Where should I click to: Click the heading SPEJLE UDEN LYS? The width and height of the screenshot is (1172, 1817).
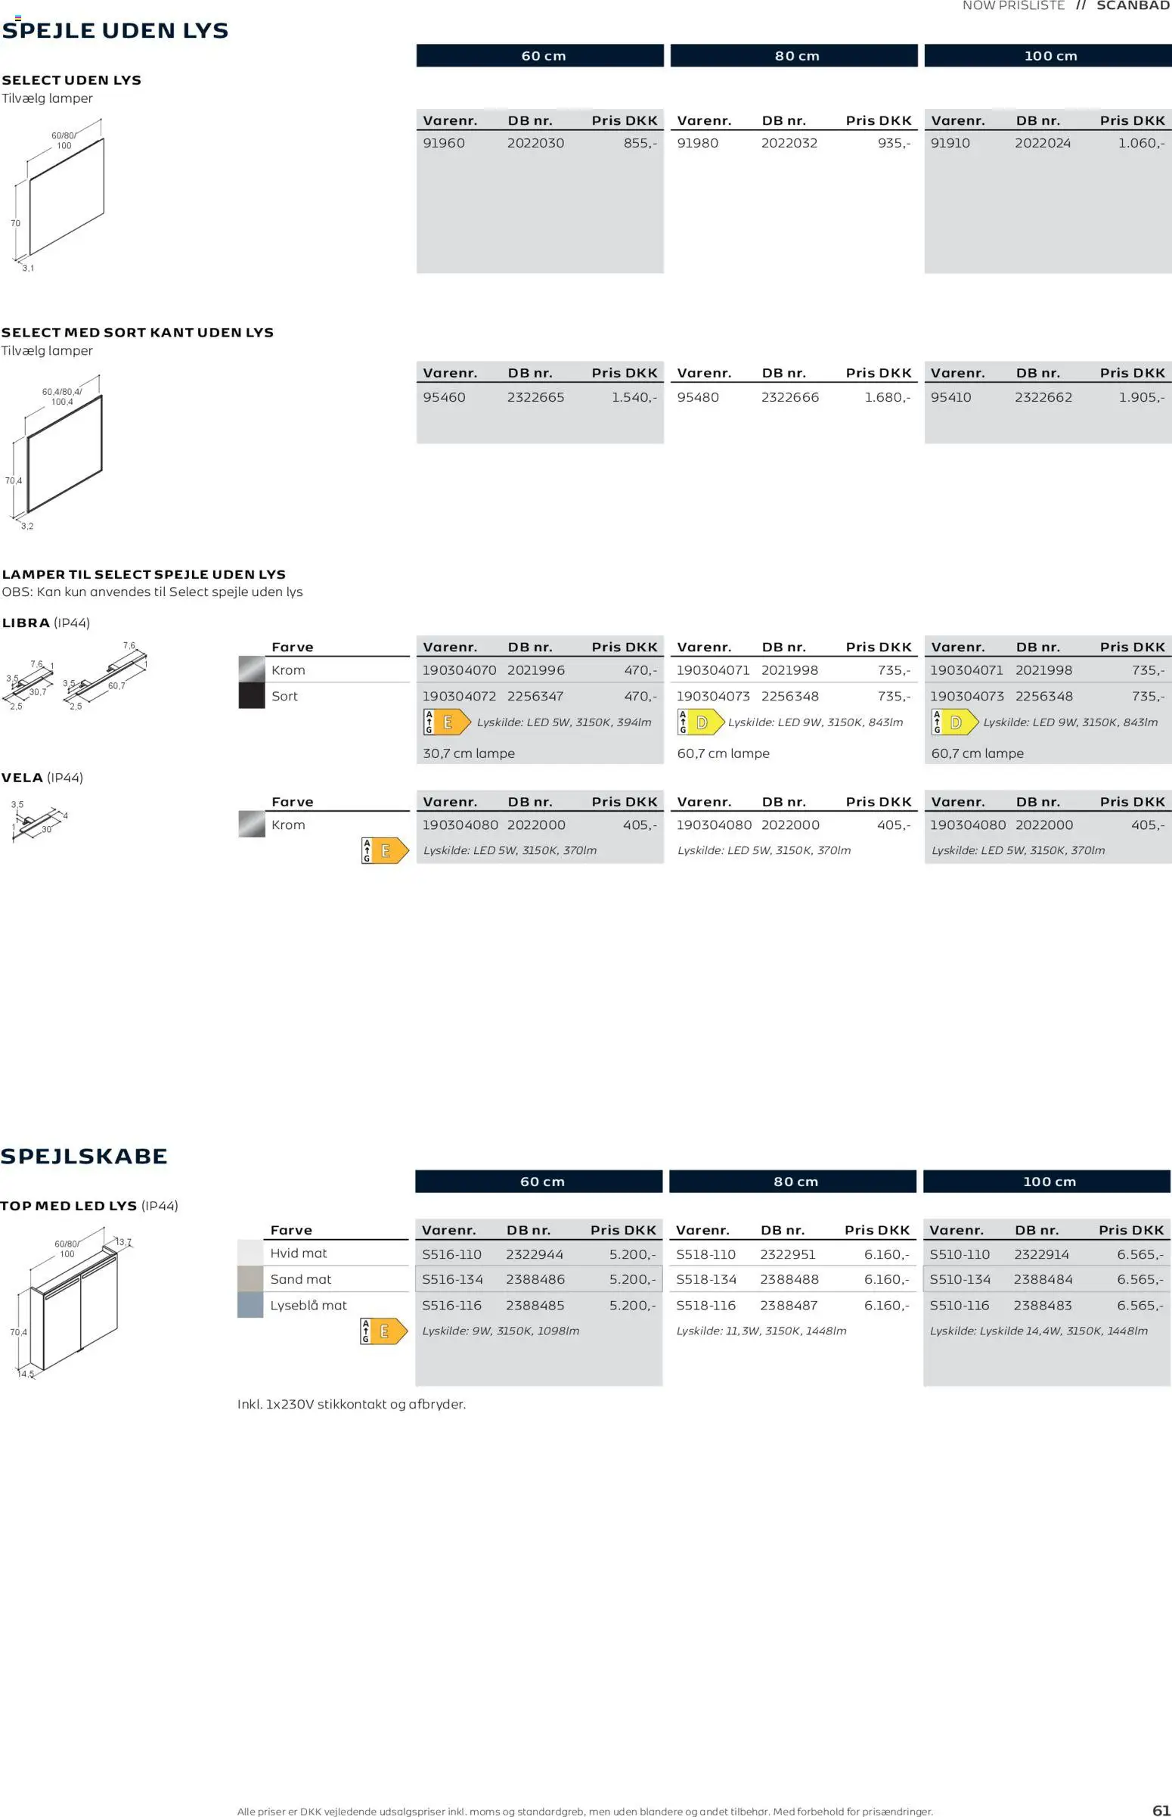(115, 31)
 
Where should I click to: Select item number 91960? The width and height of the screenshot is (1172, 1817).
(444, 143)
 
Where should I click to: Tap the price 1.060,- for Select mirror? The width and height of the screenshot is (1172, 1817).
(1140, 143)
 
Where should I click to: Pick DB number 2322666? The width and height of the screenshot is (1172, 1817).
(790, 397)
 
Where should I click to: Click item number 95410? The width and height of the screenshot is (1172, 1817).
(950, 397)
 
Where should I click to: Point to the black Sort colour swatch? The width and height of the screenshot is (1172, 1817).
(251, 696)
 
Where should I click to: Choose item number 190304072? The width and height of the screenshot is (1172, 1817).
(459, 696)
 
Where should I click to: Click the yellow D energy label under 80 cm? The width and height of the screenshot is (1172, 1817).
(701, 722)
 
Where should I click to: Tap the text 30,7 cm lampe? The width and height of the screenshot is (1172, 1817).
(469, 753)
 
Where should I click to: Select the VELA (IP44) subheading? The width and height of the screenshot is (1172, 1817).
(42, 777)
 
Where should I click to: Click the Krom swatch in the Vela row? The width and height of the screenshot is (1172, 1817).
(251, 825)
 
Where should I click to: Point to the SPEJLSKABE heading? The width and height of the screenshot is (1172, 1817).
(84, 1157)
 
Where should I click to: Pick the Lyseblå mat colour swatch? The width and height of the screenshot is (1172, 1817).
(250, 1305)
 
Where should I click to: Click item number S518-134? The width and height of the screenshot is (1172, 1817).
(705, 1279)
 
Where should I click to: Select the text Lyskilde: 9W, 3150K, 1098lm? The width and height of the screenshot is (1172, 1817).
(501, 1331)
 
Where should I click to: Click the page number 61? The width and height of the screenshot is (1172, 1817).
(1161, 1810)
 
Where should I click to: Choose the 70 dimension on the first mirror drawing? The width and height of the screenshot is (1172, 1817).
(15, 223)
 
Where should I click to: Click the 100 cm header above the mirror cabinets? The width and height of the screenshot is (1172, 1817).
(1049, 1182)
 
